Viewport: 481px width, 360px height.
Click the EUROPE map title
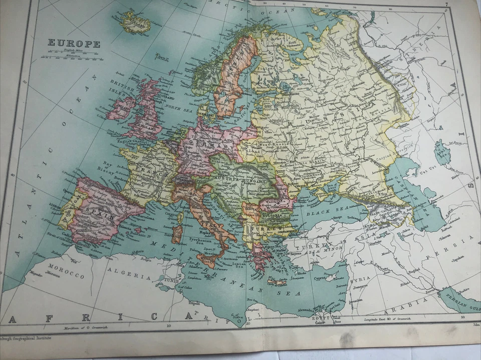(74, 44)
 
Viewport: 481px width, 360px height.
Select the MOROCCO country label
(67, 275)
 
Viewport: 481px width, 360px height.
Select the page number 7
(445, 5)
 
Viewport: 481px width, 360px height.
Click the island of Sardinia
(177, 230)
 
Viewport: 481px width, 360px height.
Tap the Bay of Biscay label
(108, 167)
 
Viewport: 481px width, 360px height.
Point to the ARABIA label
(411, 302)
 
